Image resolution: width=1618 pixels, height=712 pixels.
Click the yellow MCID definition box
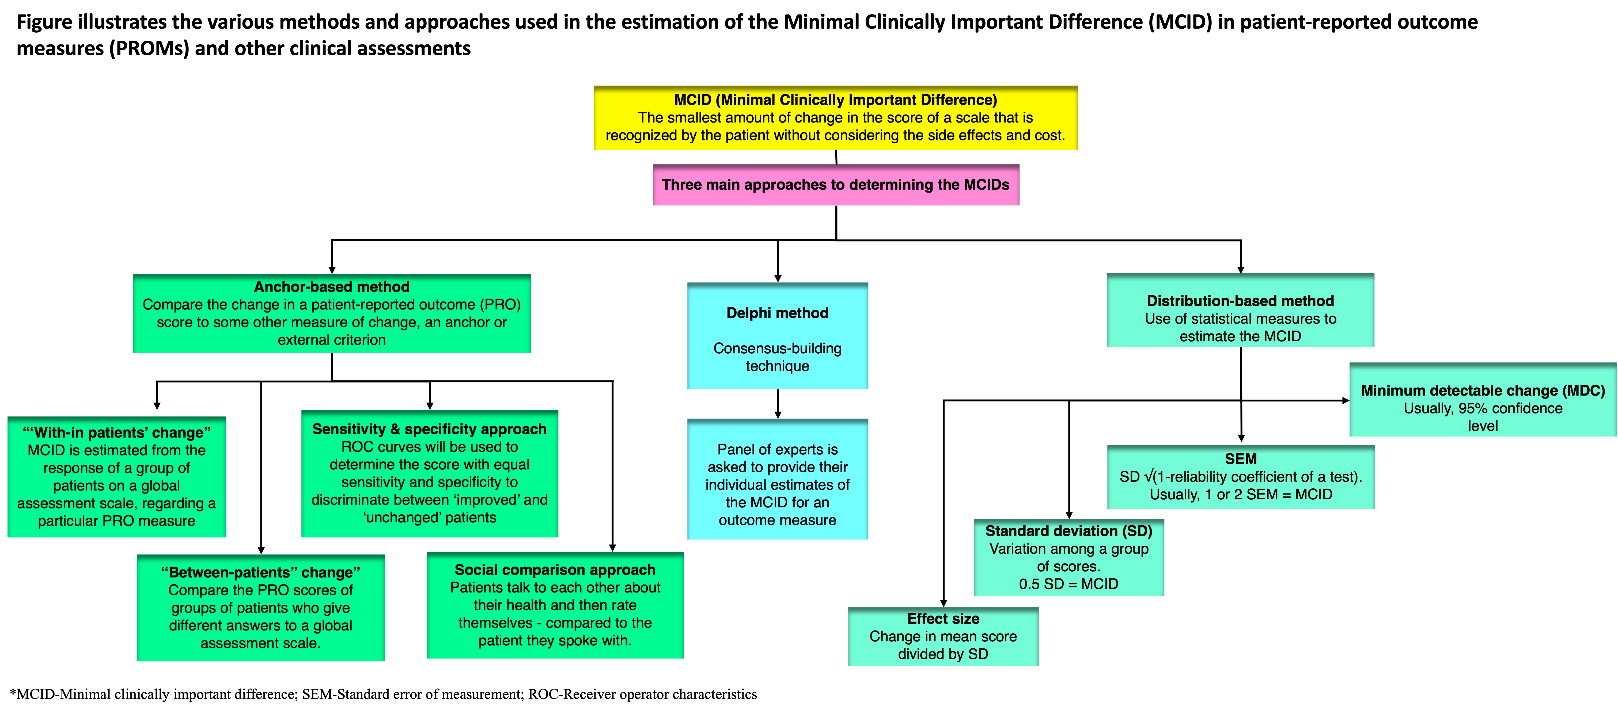tap(835, 117)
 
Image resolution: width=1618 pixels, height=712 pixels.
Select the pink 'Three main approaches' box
tap(836, 185)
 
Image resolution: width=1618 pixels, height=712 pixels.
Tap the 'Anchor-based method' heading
tap(332, 287)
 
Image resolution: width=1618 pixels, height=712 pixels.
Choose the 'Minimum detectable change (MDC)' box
tap(1483, 399)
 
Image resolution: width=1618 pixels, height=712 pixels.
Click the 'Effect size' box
tap(943, 636)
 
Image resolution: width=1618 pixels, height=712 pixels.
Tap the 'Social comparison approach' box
tap(555, 605)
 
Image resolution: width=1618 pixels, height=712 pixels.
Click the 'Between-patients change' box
tap(261, 607)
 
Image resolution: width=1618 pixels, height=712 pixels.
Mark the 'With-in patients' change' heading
tap(117, 432)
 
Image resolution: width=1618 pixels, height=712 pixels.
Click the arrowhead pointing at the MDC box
tap(1346, 400)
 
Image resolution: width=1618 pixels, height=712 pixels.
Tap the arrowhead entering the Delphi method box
tap(778, 278)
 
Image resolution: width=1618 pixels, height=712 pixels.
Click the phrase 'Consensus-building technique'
tap(778, 357)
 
